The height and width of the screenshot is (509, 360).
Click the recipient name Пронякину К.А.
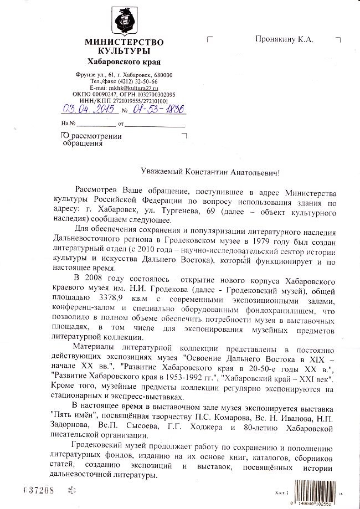tap(284, 39)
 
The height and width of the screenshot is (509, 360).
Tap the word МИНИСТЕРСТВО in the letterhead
tap(124, 43)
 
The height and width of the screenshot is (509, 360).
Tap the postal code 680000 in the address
tap(162, 75)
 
